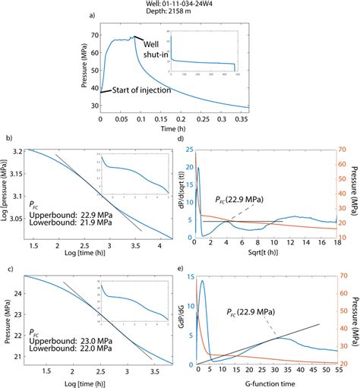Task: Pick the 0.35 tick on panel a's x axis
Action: click(x=264, y=118)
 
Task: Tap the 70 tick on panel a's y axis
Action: click(x=94, y=36)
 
